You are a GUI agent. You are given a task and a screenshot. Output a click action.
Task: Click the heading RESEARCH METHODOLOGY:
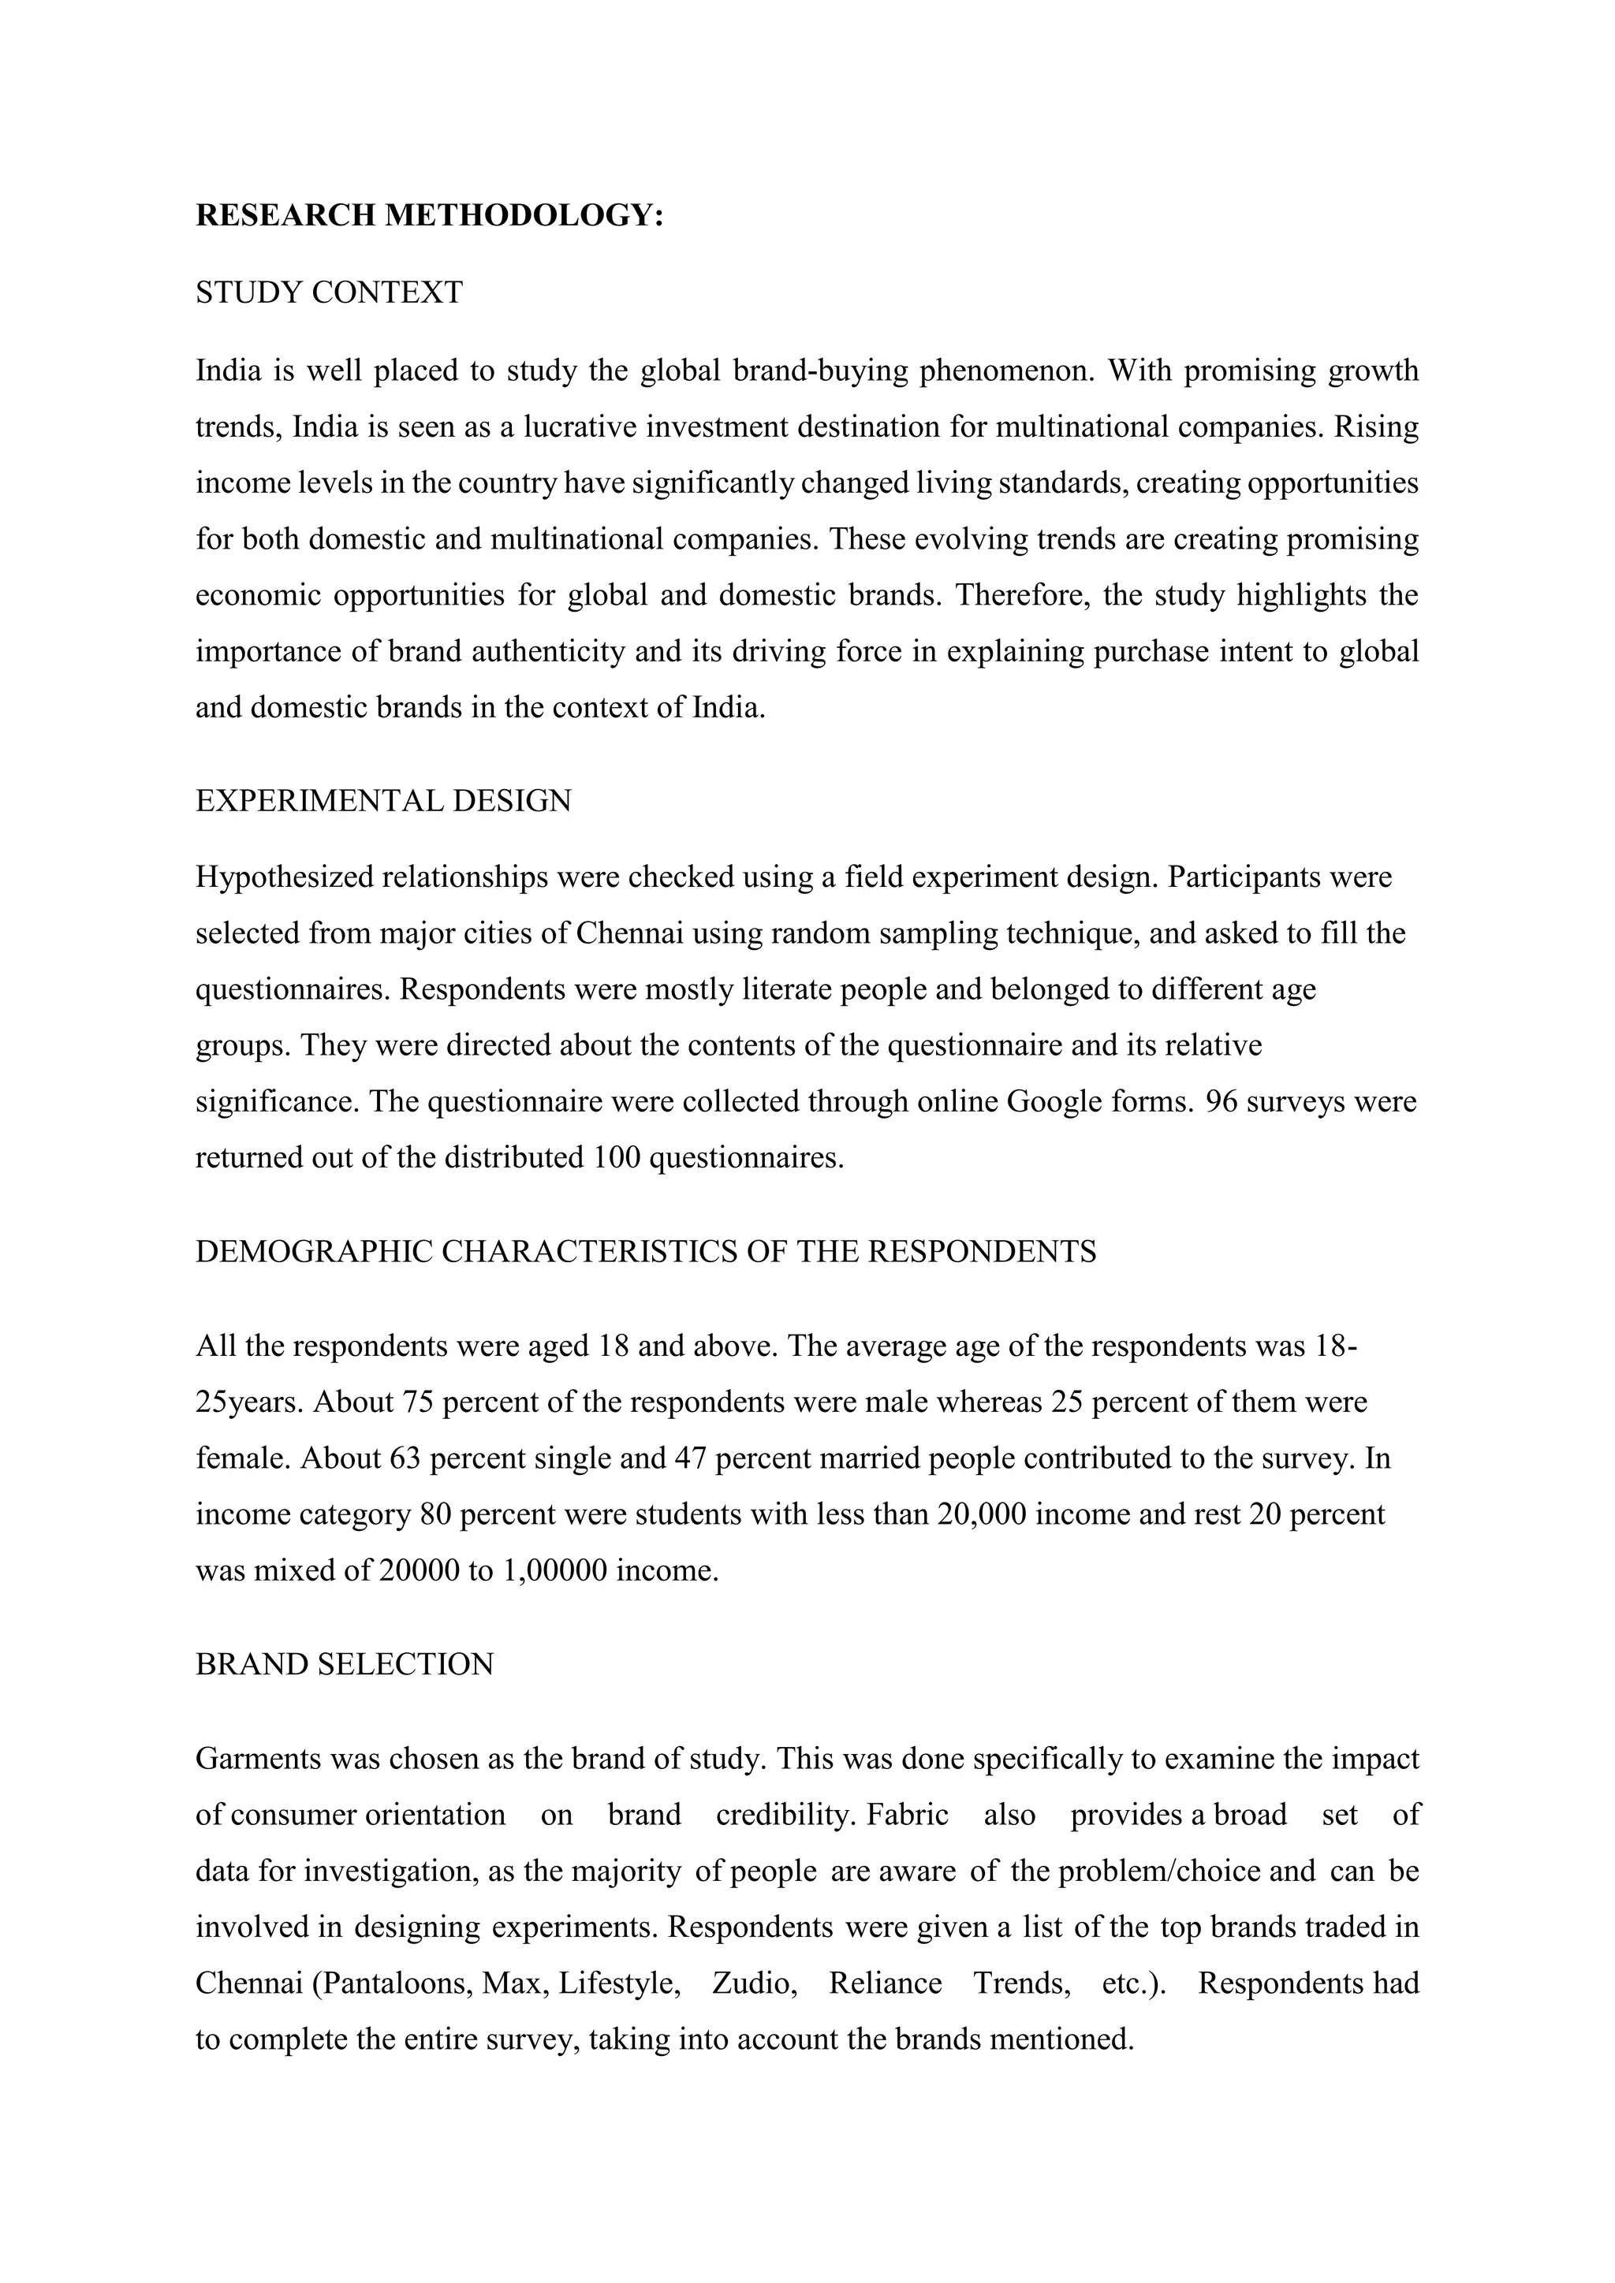[x=429, y=214]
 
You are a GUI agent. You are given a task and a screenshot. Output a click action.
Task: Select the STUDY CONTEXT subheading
[x=329, y=292]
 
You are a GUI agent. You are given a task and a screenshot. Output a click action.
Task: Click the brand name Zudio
[x=753, y=1983]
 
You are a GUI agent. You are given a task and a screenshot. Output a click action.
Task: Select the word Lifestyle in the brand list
[x=618, y=1983]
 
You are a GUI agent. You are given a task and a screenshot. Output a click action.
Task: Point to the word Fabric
[x=906, y=1815]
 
